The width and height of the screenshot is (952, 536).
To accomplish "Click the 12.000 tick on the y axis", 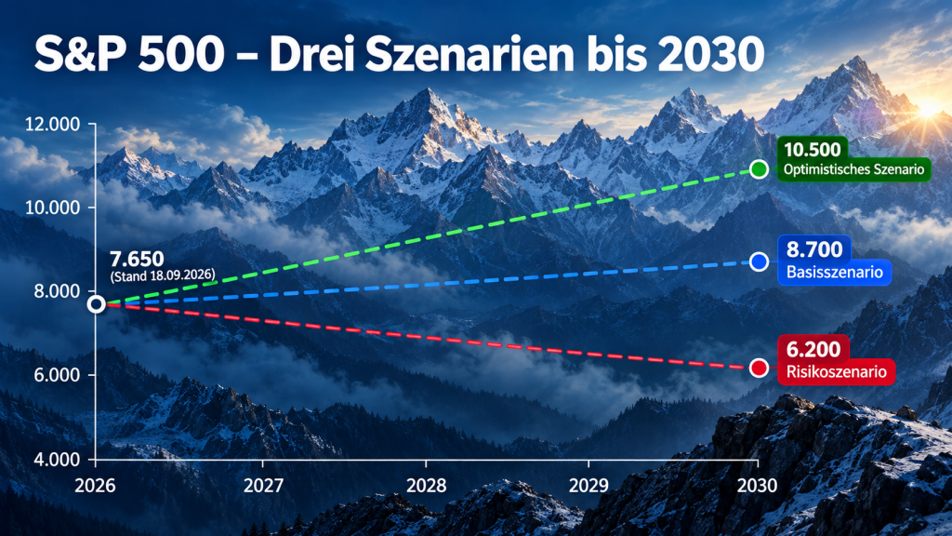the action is [52, 125].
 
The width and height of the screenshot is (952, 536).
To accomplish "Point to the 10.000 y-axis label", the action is [52, 208].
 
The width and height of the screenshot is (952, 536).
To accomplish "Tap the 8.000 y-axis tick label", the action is [57, 291].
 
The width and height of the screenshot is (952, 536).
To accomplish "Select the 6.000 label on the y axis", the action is [57, 375].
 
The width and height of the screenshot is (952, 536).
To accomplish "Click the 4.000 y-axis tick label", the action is [57, 459].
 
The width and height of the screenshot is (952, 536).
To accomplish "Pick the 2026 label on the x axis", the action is [96, 486].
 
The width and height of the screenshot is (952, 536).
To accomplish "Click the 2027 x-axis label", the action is [263, 486].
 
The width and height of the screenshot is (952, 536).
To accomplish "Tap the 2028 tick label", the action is [426, 486].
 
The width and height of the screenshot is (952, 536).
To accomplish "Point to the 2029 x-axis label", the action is [588, 486].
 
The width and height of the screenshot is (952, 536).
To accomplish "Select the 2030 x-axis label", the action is [757, 486].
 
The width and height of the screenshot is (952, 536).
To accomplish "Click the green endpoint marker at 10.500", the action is [759, 169].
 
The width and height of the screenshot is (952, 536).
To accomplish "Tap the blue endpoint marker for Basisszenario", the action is [759, 261].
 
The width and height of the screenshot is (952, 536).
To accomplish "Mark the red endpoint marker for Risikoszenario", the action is [759, 368].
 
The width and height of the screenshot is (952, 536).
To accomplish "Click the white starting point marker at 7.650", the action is [96, 304].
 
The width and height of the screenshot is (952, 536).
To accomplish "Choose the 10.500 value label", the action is [813, 150].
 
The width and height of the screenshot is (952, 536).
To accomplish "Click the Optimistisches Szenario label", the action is [853, 169].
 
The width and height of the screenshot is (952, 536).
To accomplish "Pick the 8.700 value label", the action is [814, 249].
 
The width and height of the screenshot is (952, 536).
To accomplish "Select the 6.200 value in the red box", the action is [813, 350].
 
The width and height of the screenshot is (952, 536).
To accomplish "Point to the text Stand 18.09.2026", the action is [163, 275].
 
